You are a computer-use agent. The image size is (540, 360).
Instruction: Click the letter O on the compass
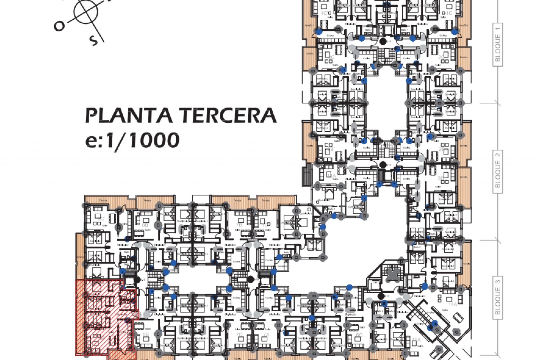tap(59, 26)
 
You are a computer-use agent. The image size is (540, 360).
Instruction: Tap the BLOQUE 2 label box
tap(498, 172)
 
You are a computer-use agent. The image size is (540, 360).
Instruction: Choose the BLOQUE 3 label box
tap(498, 298)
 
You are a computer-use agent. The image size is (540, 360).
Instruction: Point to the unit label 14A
tap(453, 304)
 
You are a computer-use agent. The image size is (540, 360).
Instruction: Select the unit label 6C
tap(359, 335)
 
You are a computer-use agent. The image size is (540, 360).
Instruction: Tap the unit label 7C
tap(239, 334)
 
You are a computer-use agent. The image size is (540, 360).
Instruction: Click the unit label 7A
tap(266, 334)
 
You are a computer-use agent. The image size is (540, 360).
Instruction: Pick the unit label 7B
tap(239, 225)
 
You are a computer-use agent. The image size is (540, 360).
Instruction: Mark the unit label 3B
tap(440, 178)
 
